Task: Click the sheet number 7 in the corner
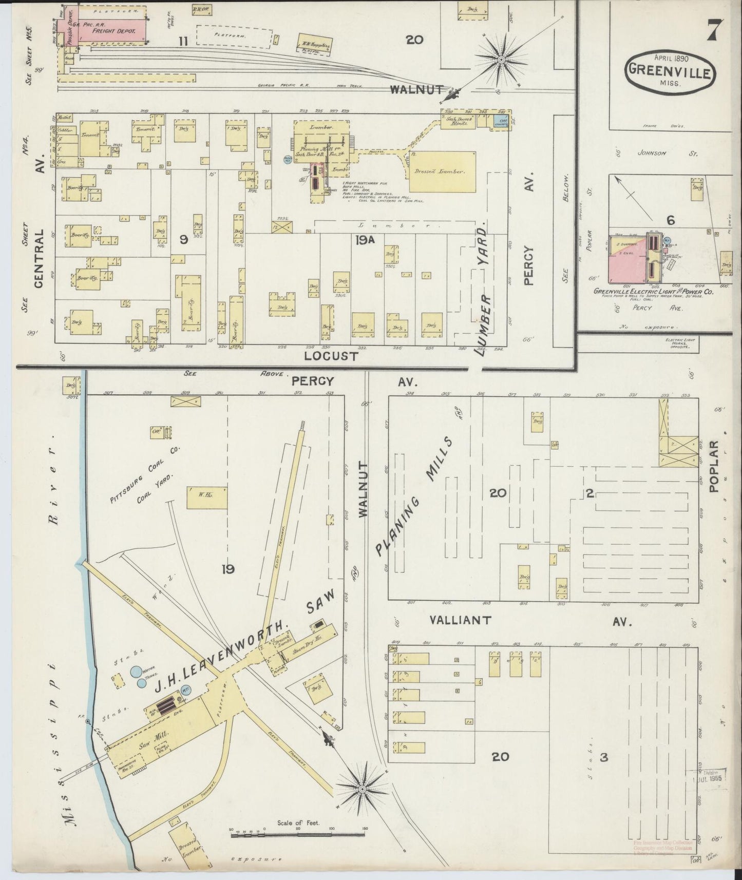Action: tap(714, 29)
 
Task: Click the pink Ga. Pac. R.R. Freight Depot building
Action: tap(110, 30)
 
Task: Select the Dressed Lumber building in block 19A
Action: tap(442, 171)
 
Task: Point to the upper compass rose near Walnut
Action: tap(501, 61)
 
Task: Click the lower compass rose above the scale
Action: tap(362, 789)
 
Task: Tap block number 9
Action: tap(183, 240)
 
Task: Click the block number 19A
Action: tap(365, 239)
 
